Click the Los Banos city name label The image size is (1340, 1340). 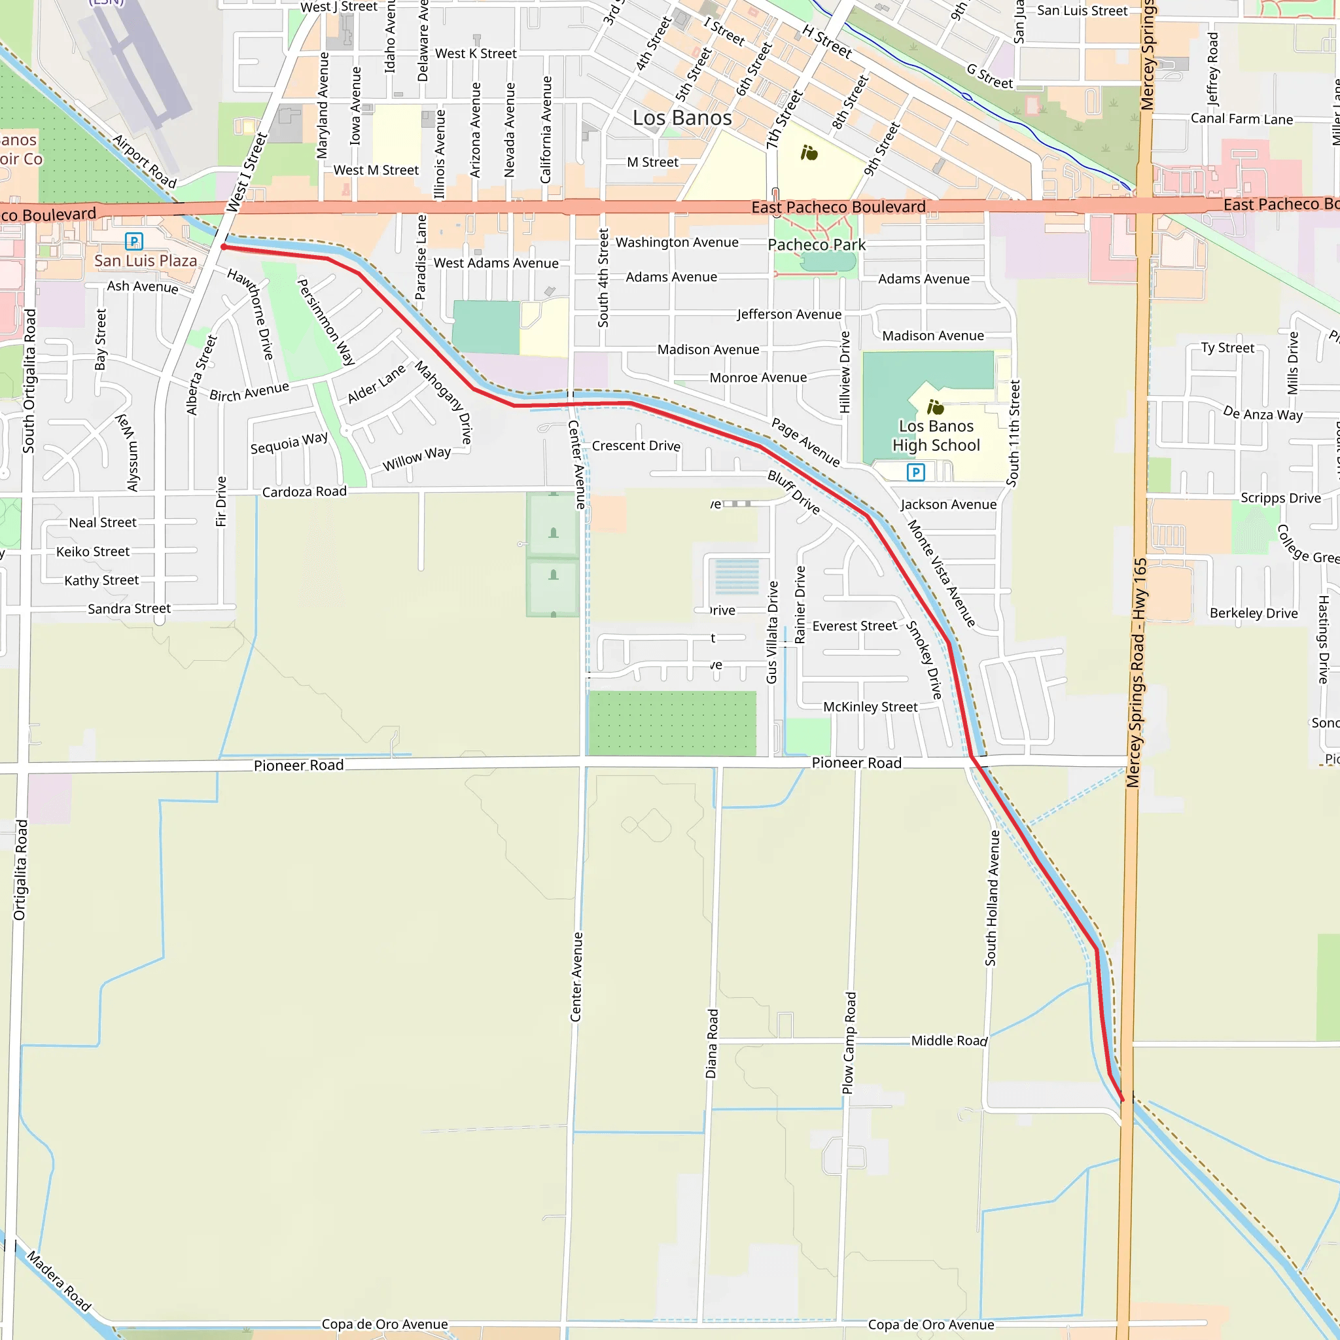click(682, 118)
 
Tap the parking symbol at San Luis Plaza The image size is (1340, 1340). click(134, 241)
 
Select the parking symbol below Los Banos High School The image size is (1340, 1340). click(915, 472)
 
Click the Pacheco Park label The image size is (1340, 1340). click(817, 245)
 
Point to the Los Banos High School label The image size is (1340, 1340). click(936, 436)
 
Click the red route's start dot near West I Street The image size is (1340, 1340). click(224, 246)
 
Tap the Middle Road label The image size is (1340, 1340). click(949, 1040)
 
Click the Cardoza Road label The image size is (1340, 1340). click(304, 492)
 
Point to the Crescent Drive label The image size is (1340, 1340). click(636, 446)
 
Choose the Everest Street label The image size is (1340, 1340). click(855, 626)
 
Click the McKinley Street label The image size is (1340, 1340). click(870, 707)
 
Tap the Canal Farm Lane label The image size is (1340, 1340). click(1241, 118)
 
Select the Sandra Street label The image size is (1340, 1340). click(129, 608)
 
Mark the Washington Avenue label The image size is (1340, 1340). click(677, 242)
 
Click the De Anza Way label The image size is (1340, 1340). click(1262, 414)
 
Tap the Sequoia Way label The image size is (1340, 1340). click(289, 442)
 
